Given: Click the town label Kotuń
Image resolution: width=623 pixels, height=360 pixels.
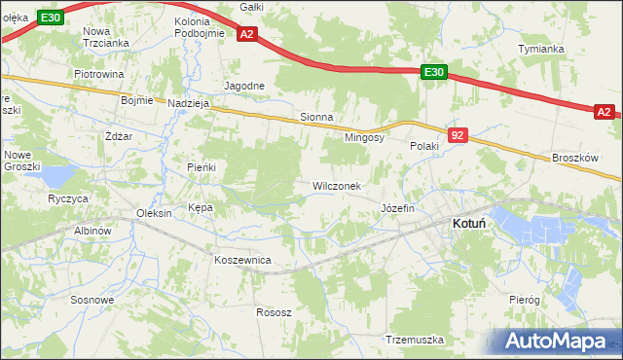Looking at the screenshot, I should click(470, 223).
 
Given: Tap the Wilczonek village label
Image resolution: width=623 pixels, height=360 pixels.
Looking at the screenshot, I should click(337, 186).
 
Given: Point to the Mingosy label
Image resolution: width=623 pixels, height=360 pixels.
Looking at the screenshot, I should click(365, 138).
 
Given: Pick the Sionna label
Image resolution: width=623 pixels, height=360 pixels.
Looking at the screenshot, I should click(316, 117).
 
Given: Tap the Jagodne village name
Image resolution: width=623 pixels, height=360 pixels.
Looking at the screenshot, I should click(244, 86).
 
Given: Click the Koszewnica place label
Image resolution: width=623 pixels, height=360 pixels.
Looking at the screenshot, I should click(242, 261).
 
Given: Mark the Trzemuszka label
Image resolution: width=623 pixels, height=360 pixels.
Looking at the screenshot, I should click(415, 340).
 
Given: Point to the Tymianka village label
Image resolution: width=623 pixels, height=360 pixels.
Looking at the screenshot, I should click(541, 49).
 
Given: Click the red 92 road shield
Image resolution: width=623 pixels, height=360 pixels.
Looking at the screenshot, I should click(458, 135).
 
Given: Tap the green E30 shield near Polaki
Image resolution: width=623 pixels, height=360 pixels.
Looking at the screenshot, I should click(434, 72).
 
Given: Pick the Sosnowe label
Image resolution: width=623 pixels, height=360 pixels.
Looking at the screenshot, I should click(92, 300).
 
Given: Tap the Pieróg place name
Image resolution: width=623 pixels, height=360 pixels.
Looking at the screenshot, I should click(524, 301).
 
